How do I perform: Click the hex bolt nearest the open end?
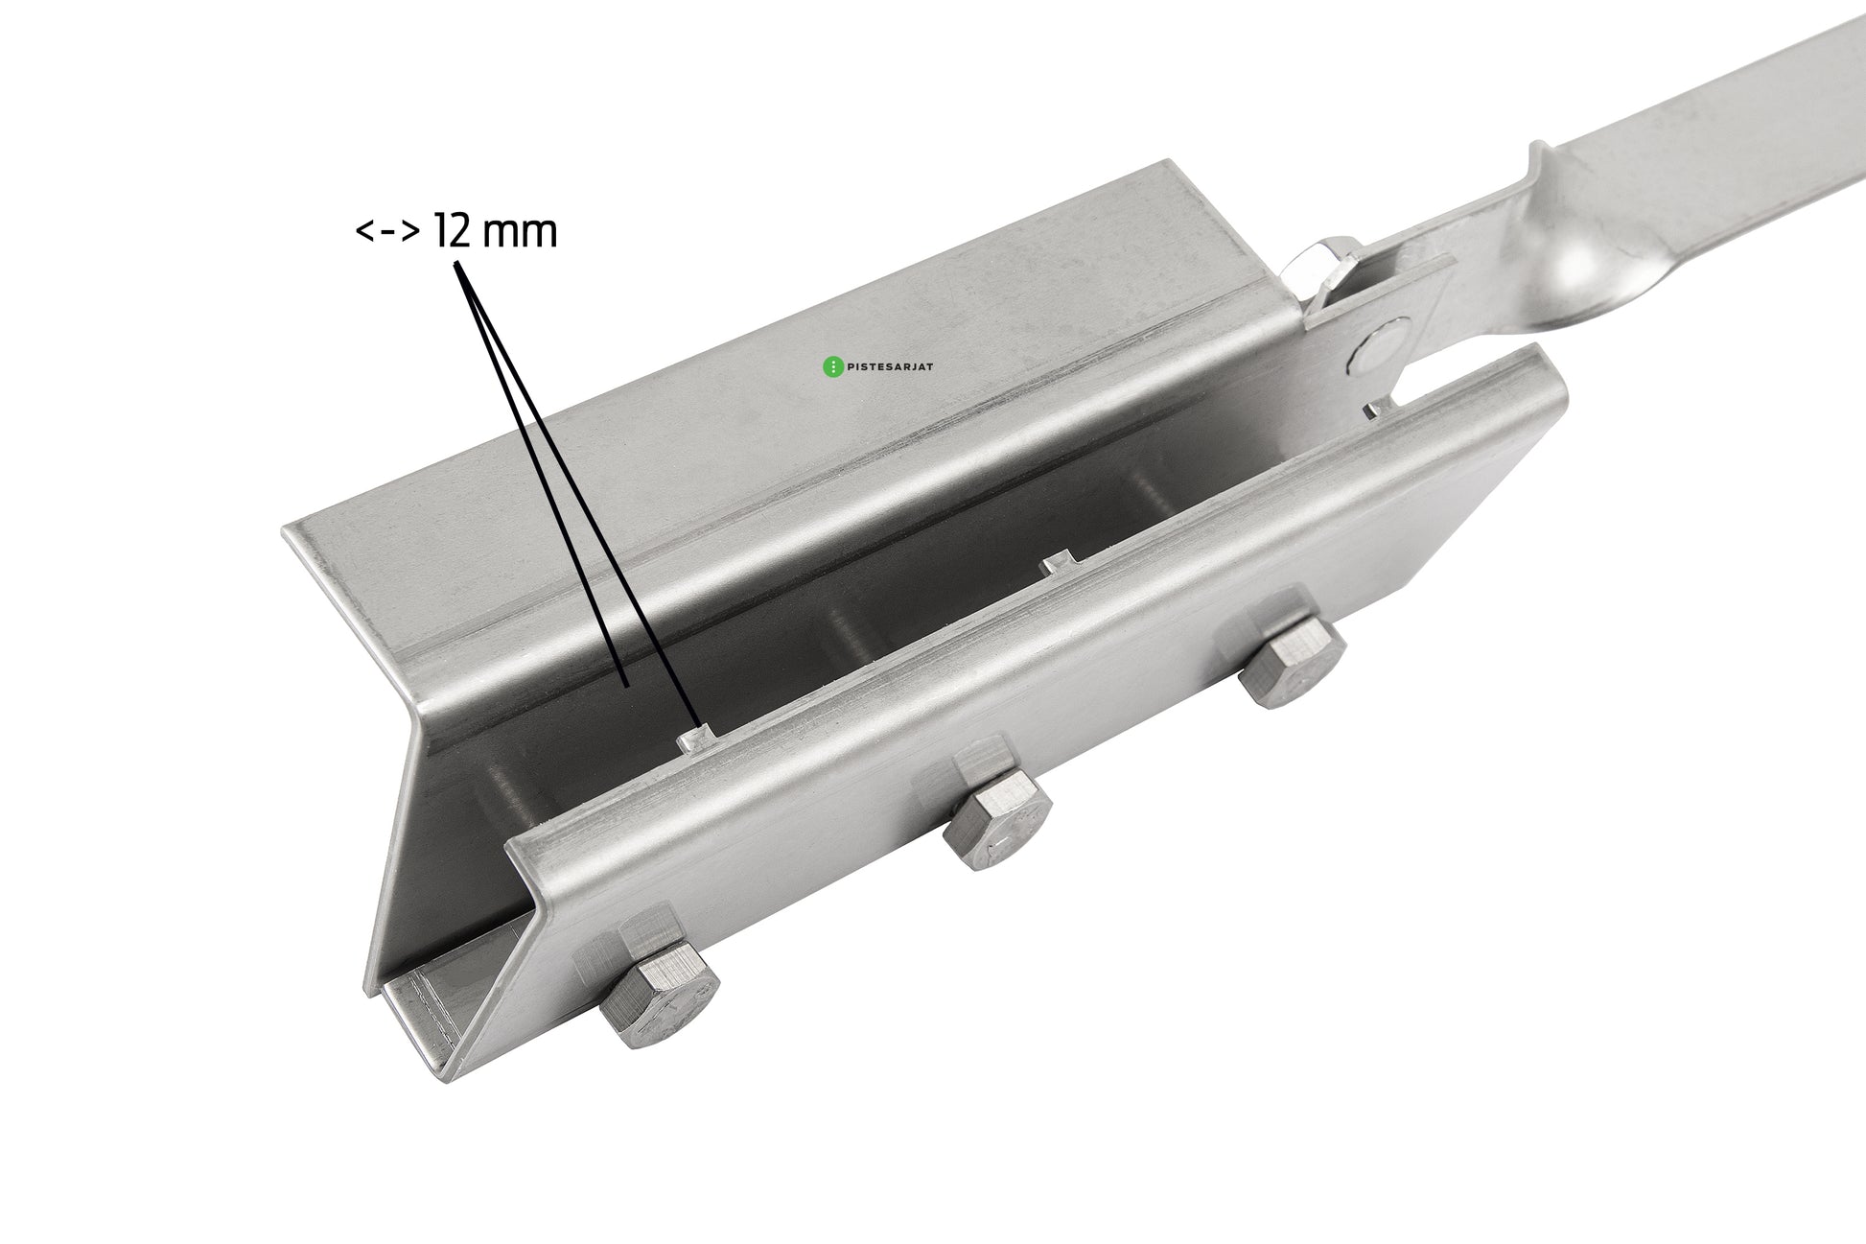pos(660,998)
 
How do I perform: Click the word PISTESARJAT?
pos(890,365)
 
